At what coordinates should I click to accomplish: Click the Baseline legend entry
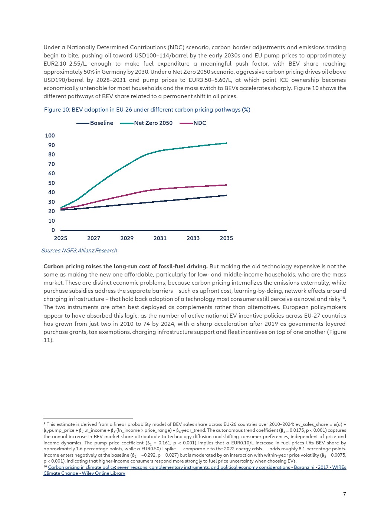95,123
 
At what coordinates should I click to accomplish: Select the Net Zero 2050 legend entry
147,123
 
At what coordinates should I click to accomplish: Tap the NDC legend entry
193,123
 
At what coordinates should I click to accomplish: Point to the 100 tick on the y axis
50,136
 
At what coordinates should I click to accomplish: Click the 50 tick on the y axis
52,183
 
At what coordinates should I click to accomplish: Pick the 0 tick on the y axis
53,230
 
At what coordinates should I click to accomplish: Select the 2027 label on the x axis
93,238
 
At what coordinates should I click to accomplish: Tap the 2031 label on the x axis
160,238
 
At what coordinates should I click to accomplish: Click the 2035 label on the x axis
227,238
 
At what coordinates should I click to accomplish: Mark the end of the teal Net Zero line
227,143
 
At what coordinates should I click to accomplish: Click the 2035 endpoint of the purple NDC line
227,185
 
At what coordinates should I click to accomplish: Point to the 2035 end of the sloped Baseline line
227,195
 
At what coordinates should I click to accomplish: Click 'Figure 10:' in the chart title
57,110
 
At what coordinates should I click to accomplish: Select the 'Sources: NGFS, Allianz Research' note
79,251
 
